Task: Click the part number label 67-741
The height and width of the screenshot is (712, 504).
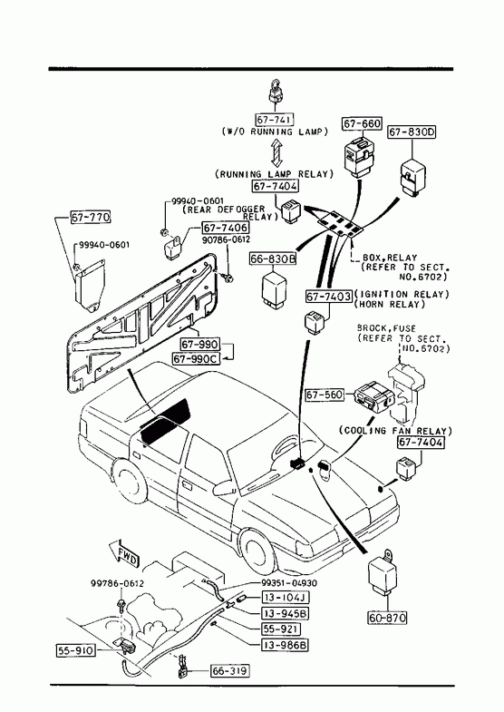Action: pos(275,120)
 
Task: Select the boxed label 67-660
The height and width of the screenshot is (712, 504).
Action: pos(362,123)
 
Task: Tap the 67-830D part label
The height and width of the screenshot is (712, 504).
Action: pos(412,132)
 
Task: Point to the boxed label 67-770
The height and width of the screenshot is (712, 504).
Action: pos(91,217)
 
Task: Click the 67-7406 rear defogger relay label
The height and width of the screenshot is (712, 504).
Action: pos(226,228)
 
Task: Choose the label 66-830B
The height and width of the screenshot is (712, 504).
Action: pos(273,258)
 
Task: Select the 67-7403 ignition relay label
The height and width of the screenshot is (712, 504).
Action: pos(329,297)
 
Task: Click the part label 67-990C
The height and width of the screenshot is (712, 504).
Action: pos(196,359)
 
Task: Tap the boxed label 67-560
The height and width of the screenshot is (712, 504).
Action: pos(325,395)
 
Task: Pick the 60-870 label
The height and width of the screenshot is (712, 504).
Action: pos(387,618)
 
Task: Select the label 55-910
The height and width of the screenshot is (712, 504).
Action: pos(76,650)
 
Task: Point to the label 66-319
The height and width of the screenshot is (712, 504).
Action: pos(230,670)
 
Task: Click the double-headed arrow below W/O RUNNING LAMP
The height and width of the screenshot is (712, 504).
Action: pos(276,153)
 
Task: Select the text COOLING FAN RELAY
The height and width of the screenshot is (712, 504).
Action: pos(395,431)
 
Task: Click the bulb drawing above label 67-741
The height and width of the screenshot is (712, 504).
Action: pos(275,93)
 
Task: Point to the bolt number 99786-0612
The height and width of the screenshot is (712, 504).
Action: pos(117,583)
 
